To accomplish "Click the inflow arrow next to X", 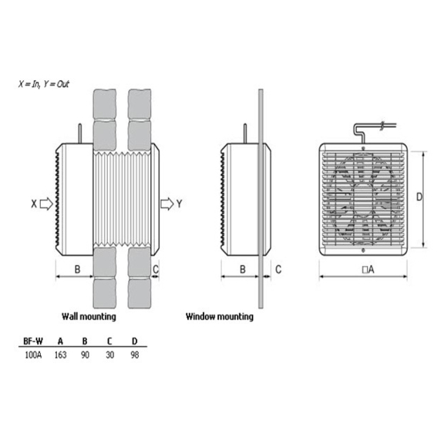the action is pyautogui.click(x=46, y=203).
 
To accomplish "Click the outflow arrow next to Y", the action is pyautogui.click(x=167, y=203).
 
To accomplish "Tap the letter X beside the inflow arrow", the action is pyautogui.click(x=34, y=203).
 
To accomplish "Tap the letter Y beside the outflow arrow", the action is pyautogui.click(x=180, y=203).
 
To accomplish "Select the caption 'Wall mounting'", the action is pyautogui.click(x=89, y=316).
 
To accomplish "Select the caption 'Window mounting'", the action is pyautogui.click(x=220, y=316).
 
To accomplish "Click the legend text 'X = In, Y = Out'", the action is pyautogui.click(x=44, y=84).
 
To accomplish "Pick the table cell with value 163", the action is pyautogui.click(x=60, y=355).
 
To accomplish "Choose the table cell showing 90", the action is pyautogui.click(x=85, y=355).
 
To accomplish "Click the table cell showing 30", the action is pyautogui.click(x=110, y=355).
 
